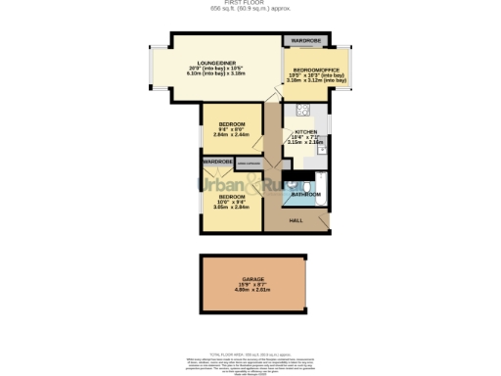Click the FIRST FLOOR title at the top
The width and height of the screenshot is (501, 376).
coord(250,3)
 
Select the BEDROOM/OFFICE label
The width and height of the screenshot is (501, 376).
coord(315,71)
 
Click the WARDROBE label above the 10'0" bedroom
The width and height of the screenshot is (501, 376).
coord(218,161)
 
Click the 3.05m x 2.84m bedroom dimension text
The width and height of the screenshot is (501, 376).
coord(231,208)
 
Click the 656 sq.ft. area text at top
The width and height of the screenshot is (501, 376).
coord(250,9)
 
